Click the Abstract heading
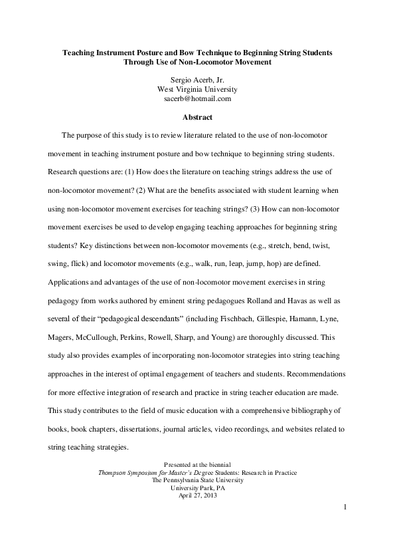coord(197,118)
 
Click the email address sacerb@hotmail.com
coord(197,98)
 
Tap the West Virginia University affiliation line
coord(197,89)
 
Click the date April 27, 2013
coord(197,494)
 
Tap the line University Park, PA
coord(197,487)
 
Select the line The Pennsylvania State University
coord(197,480)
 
